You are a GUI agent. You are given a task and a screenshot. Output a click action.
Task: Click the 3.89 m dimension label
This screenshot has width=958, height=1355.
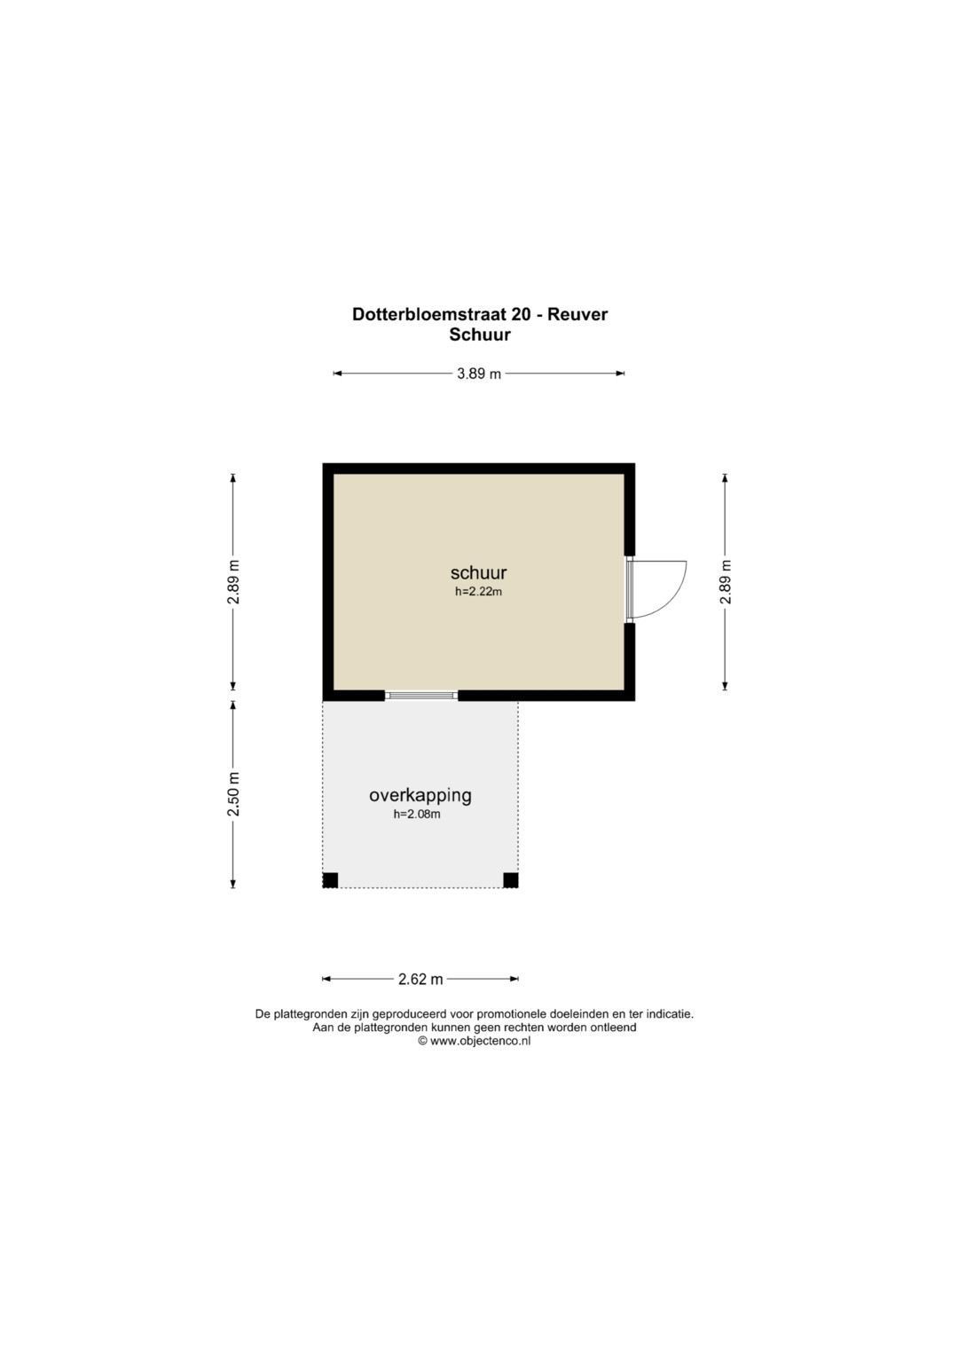tap(479, 374)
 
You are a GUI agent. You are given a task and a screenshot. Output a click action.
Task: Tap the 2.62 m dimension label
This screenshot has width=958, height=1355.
tap(421, 979)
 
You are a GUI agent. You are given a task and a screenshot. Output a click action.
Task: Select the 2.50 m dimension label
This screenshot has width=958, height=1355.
tap(233, 794)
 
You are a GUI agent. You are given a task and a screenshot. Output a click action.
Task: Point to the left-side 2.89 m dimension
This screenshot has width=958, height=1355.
tap(233, 582)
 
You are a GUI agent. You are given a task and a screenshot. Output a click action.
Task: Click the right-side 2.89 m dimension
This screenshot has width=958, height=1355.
tap(726, 582)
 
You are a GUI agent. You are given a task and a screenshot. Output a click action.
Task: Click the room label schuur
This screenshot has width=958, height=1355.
tap(478, 572)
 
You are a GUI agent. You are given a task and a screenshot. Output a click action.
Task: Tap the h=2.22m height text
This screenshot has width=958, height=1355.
tap(478, 592)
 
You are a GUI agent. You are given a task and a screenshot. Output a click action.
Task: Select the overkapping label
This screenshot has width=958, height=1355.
tap(420, 796)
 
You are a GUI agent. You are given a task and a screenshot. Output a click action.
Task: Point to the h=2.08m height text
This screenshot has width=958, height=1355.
tap(417, 815)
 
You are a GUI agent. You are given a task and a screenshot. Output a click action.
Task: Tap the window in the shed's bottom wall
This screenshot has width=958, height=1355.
tap(421, 696)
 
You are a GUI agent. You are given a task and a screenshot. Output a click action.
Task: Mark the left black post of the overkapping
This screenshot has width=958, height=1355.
tap(330, 880)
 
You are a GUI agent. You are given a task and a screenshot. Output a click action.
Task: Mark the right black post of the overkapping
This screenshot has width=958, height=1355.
tap(511, 880)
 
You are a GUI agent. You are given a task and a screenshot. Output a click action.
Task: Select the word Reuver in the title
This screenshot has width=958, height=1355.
tap(577, 314)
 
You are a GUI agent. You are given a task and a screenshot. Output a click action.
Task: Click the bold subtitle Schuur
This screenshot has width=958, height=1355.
tap(480, 335)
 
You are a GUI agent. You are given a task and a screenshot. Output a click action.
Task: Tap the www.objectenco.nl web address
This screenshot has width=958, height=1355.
tap(480, 1041)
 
